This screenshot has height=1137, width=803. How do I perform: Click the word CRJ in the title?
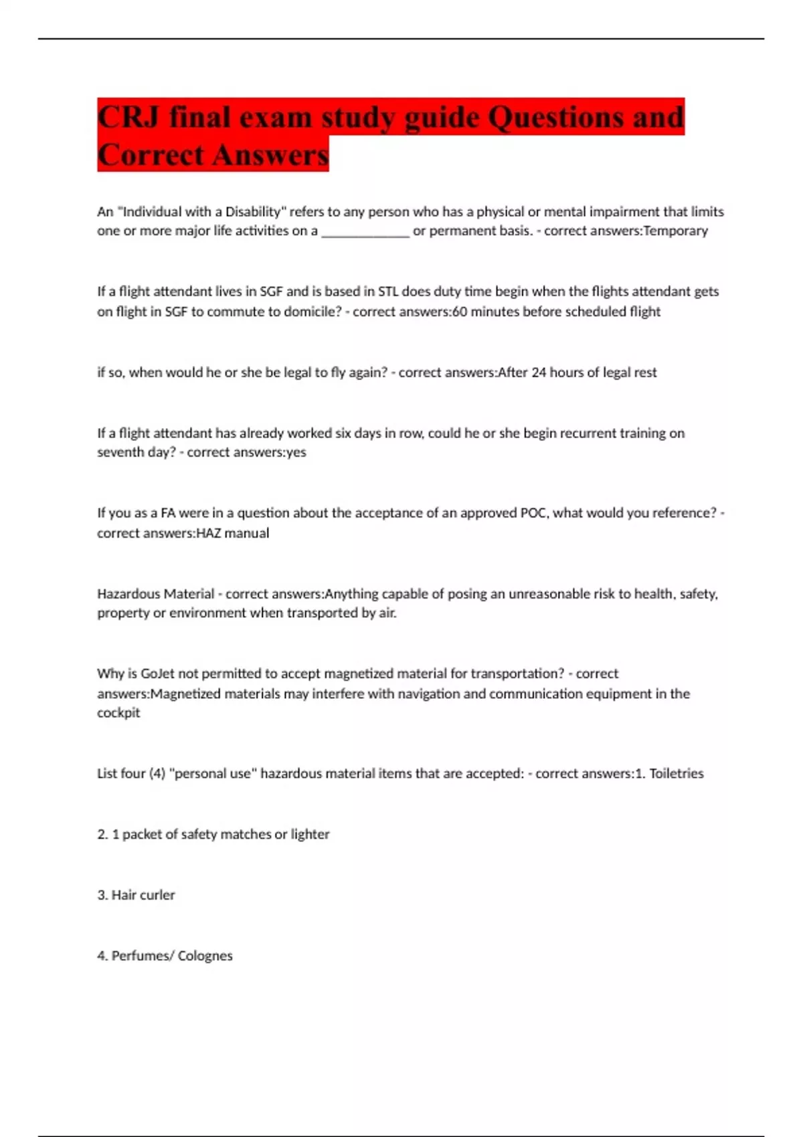pyautogui.click(x=128, y=118)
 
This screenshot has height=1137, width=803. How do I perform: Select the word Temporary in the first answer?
pyautogui.click(x=675, y=231)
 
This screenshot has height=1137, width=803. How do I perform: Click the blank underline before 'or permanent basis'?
pyautogui.click(x=365, y=232)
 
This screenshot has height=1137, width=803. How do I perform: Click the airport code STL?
pyautogui.click(x=388, y=292)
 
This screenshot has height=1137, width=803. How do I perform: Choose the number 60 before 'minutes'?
pyautogui.click(x=460, y=312)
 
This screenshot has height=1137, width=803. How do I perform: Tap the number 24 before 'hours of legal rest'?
pyautogui.click(x=539, y=373)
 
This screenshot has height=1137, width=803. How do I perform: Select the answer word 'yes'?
pyautogui.click(x=296, y=452)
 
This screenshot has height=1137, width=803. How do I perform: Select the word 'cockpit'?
pyautogui.click(x=118, y=713)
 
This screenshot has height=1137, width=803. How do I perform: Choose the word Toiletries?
pyautogui.click(x=677, y=774)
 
